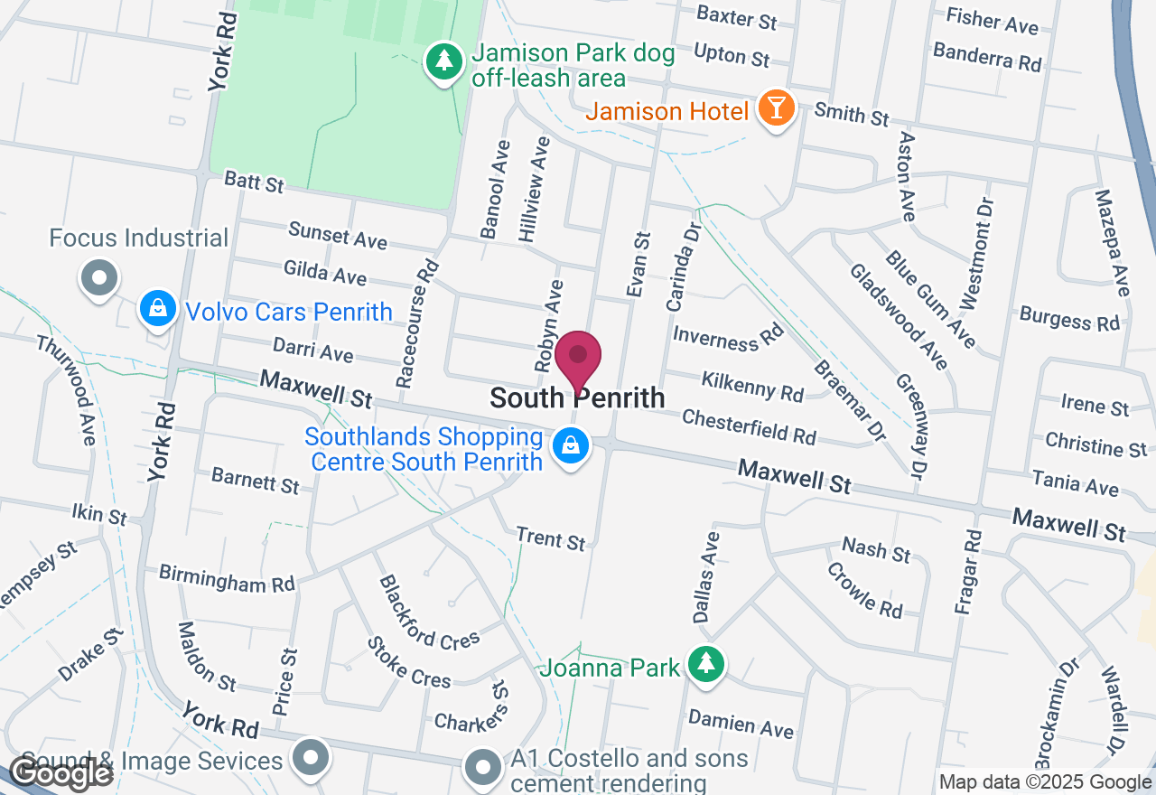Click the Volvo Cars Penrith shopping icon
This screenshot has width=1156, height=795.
158,308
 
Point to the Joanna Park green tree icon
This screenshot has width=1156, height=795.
705,664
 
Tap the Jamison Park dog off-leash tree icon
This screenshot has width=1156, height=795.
443,61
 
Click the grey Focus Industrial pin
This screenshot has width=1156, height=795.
100,278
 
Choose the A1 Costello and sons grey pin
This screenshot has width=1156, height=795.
482,766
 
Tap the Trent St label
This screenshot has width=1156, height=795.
551,538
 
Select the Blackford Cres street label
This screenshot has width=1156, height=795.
429,612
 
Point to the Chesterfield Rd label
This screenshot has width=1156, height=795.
749,426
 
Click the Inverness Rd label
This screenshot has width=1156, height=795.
729,337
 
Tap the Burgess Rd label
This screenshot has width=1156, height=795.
1069,318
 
